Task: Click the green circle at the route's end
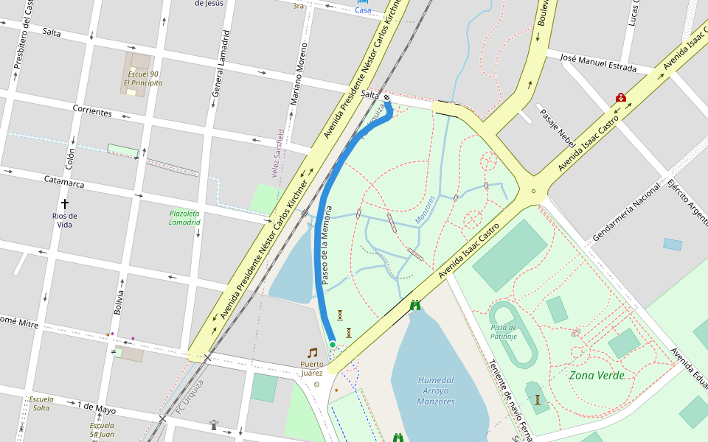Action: point(333,344)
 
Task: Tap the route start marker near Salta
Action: point(386,97)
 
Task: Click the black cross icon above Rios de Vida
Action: point(64,203)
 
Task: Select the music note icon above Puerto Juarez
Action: point(312,353)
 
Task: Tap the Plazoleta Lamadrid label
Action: point(184,217)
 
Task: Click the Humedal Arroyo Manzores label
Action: point(435,390)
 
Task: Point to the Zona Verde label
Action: point(597,375)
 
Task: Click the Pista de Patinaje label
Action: point(504,331)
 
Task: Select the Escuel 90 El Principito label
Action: point(142,78)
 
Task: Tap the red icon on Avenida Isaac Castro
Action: point(621,98)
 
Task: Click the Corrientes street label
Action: point(92,110)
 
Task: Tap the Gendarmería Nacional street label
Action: point(626,211)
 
